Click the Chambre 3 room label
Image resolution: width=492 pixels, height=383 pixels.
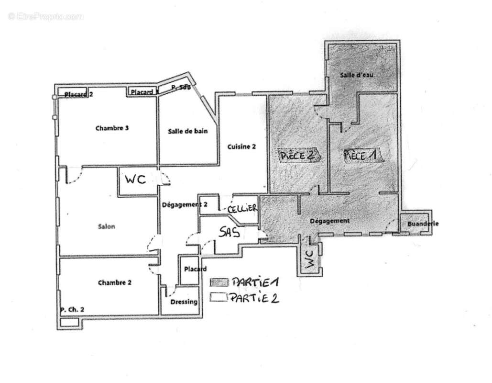click(112, 128)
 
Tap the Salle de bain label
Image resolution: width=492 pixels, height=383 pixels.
click(188, 131)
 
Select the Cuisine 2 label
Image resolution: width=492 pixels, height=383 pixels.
click(241, 147)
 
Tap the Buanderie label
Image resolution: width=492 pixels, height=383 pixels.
click(423, 224)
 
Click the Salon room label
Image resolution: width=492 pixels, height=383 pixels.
click(106, 226)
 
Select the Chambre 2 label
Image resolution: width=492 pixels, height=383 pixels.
click(115, 282)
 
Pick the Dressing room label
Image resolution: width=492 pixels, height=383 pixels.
click(184, 302)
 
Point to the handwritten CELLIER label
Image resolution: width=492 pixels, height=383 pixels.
click(243, 209)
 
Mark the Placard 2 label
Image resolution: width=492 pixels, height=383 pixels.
click(78, 94)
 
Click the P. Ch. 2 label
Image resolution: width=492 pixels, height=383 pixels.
click(72, 310)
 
